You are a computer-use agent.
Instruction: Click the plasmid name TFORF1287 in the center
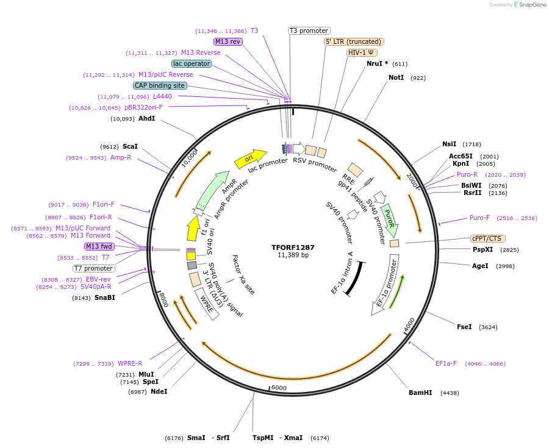(293, 247)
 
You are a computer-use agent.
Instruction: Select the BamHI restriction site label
(420, 393)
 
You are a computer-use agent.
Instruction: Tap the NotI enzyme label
(396, 78)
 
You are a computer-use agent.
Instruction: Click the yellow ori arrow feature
(250, 159)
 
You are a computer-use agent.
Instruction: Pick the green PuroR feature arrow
(389, 221)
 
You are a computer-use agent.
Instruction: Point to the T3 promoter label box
(309, 30)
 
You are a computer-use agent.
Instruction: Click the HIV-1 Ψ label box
(361, 52)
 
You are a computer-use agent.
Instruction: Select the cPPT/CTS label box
(487, 238)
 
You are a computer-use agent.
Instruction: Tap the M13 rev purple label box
(228, 41)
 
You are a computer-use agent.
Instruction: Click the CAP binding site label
(160, 86)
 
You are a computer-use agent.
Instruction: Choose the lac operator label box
(192, 63)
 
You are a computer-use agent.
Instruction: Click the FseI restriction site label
(464, 327)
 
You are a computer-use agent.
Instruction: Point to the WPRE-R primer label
(130, 364)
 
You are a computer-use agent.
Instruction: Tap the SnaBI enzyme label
(104, 298)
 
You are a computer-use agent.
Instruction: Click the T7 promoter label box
(94, 268)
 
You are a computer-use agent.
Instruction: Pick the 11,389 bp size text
(293, 255)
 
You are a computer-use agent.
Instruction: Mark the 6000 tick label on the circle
(279, 388)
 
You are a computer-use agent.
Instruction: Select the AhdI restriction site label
(146, 118)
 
